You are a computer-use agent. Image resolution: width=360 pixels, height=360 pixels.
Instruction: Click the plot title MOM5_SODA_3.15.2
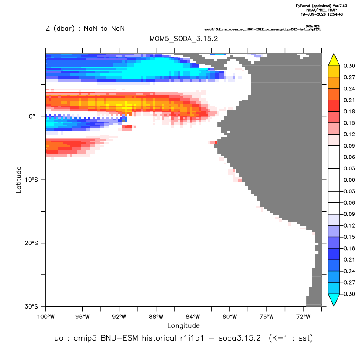coord(183,39)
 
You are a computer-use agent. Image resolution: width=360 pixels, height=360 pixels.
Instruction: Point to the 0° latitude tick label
coord(32,116)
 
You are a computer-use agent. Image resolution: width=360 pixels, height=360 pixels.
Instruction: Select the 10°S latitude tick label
coord(31,180)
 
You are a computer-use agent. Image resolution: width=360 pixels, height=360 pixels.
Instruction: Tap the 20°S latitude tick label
coord(31,243)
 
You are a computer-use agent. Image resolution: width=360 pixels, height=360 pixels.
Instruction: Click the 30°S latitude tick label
coord(31,306)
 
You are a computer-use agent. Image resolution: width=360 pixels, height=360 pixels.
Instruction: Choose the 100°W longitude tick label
coord(46,317)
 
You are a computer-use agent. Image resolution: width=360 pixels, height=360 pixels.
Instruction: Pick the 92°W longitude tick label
coord(119,317)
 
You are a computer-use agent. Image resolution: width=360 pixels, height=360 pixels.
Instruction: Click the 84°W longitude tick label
coord(193,317)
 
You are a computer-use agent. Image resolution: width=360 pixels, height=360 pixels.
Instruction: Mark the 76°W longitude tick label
coord(267,317)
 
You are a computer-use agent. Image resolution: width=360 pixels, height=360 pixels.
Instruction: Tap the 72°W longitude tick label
coord(303,317)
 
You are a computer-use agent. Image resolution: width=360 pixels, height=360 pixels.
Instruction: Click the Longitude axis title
coord(183,325)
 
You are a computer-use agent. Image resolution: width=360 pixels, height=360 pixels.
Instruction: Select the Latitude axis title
coord(19,180)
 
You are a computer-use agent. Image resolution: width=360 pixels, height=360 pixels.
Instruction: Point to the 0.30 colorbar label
coord(349,66)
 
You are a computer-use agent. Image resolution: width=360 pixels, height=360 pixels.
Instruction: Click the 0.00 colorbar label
coord(349,180)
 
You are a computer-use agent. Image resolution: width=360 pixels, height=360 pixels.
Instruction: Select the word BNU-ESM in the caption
coord(119,338)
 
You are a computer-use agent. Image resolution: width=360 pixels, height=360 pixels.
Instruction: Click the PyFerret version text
coord(321,6)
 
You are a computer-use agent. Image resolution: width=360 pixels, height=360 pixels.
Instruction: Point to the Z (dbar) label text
coord(60,29)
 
